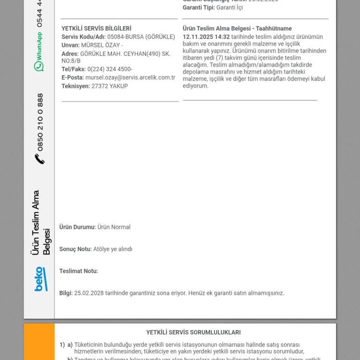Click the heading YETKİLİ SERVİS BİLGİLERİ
click(x=97, y=29)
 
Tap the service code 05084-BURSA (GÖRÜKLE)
click(x=141, y=37)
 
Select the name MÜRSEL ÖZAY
click(x=100, y=45)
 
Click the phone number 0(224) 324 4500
click(x=110, y=69)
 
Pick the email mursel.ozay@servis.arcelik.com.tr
click(x=130, y=78)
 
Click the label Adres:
click(x=70, y=54)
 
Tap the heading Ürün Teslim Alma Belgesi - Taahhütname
click(x=237, y=29)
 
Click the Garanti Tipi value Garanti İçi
click(x=230, y=7)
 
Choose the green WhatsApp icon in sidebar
click(x=39, y=66)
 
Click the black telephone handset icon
click(x=40, y=159)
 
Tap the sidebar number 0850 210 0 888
click(x=40, y=122)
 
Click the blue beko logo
click(x=40, y=279)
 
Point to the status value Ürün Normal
click(x=114, y=227)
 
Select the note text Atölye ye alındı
click(x=113, y=249)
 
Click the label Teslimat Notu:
click(x=79, y=271)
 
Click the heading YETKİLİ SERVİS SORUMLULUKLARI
click(x=194, y=332)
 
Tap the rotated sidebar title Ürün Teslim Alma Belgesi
click(x=41, y=223)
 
